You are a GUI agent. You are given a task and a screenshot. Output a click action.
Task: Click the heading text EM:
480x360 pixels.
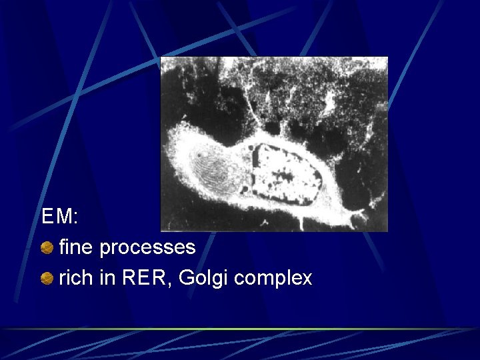point(60,217)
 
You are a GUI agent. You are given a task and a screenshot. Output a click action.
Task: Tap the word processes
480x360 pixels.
point(147,248)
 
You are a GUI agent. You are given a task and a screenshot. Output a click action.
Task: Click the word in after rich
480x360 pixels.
point(107,277)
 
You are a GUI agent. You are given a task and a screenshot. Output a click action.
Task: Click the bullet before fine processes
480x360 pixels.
point(47,249)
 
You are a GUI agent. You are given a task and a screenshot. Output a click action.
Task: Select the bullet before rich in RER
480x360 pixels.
point(47,279)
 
